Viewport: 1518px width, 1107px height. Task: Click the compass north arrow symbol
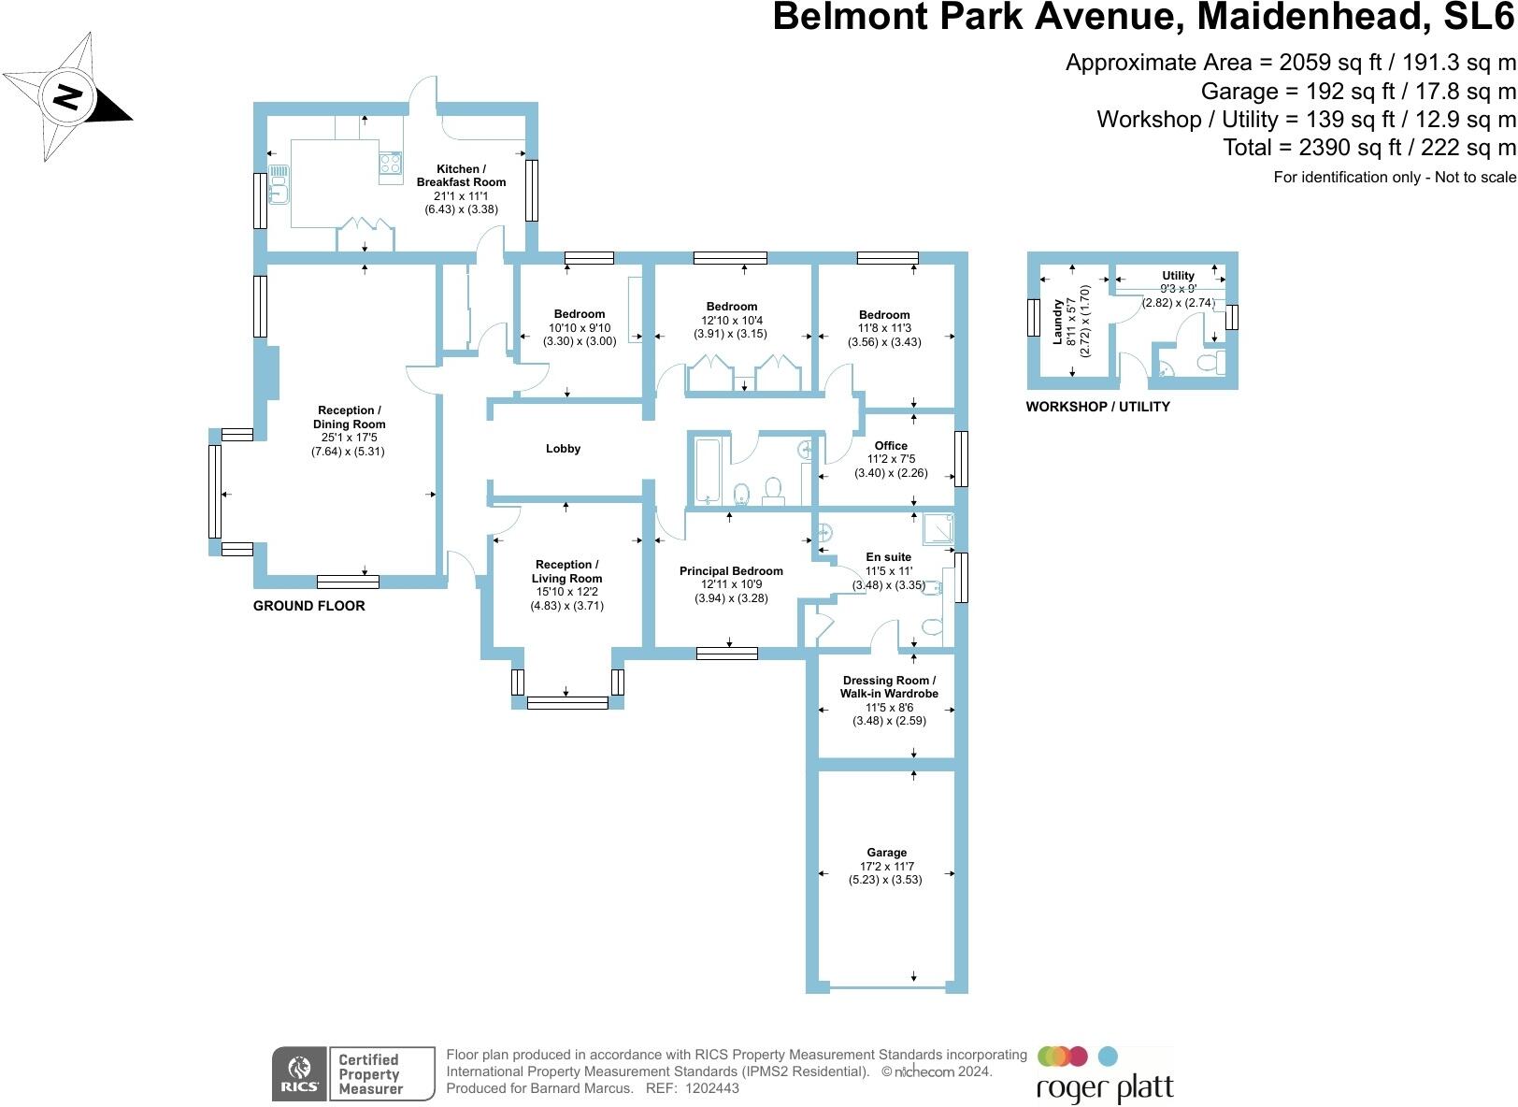tap(67, 96)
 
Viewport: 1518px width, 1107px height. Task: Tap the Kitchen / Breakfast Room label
tap(461, 176)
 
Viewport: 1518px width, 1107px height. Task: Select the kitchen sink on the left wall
tap(279, 183)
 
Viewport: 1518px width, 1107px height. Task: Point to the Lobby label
tap(563, 449)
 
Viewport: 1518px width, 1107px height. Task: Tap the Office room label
tap(891, 446)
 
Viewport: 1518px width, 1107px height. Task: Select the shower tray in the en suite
tap(938, 528)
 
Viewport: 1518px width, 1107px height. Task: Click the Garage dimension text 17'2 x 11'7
tap(885, 867)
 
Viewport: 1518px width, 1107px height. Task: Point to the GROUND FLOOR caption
tap(308, 606)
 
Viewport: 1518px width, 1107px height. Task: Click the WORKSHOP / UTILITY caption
tap(1097, 407)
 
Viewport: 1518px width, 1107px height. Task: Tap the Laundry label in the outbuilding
tap(1058, 322)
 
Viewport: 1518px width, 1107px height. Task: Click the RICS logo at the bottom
tap(299, 1073)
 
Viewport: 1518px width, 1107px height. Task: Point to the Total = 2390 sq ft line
tap(1368, 147)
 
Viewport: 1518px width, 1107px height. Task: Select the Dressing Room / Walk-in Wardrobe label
tap(888, 687)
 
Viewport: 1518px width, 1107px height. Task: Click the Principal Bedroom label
tap(731, 571)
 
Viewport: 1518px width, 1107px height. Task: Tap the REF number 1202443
tap(711, 1088)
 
